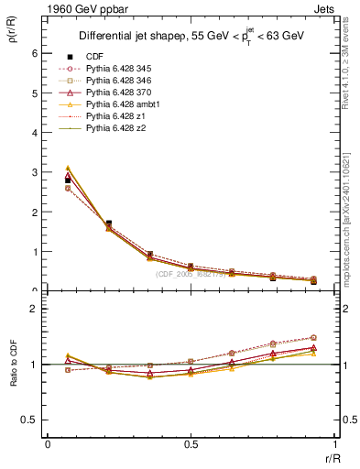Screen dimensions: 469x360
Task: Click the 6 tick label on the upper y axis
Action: [36, 53]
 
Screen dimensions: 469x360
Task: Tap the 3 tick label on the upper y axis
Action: [36, 172]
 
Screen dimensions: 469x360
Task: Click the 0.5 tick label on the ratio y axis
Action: [30, 420]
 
